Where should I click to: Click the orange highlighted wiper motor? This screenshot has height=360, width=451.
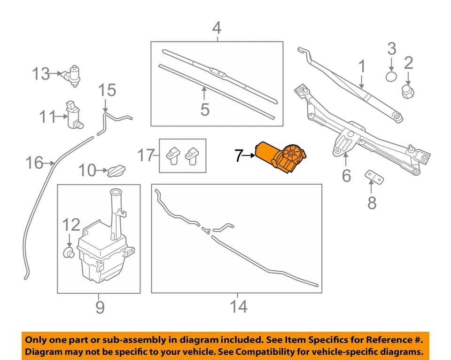pos(281,156)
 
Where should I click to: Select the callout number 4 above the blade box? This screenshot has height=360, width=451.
pos(216,28)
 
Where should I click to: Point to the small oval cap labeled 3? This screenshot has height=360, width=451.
pos(391,77)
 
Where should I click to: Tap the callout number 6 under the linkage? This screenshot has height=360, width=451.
pos(346,175)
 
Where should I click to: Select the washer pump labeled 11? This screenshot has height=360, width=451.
pos(74,115)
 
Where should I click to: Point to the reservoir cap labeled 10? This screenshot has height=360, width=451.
pos(117,170)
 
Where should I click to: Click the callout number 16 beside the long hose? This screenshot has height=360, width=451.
pos(34,164)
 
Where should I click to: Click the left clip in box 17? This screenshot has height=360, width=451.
pos(173,155)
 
